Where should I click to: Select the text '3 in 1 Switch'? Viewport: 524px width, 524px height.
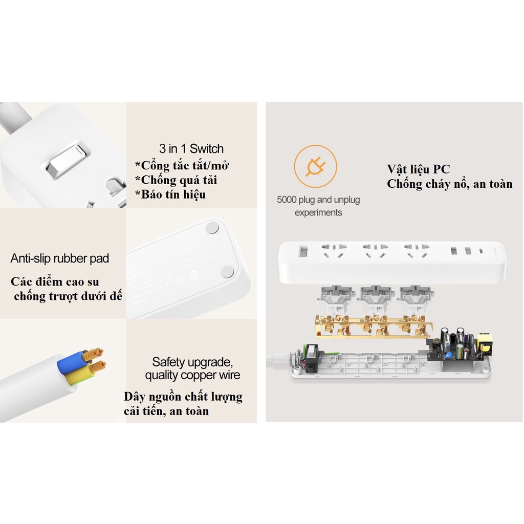[191, 149]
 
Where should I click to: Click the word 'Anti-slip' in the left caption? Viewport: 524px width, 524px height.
[32, 258]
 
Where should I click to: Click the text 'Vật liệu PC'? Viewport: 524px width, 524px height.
[418, 169]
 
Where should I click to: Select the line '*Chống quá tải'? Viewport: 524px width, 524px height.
[176, 180]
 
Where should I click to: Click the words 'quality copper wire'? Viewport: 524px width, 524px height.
[192, 375]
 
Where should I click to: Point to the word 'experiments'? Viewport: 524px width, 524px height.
[318, 212]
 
